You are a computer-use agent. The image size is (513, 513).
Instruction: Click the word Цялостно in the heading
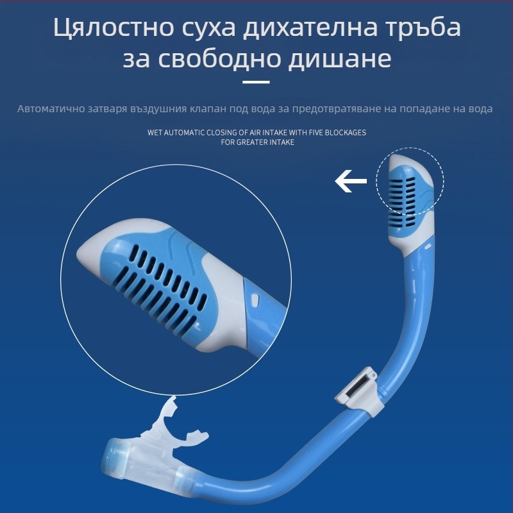[114, 27]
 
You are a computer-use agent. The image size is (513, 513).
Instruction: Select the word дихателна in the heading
[310, 27]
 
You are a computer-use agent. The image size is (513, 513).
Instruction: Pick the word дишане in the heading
[340, 60]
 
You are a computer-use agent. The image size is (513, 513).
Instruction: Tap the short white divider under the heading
[256, 82]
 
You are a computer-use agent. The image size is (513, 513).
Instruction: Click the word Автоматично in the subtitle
[51, 108]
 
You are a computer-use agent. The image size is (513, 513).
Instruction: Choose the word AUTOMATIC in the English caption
[183, 133]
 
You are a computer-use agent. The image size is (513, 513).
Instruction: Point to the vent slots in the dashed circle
[402, 202]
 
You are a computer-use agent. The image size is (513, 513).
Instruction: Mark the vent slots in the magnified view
[161, 288]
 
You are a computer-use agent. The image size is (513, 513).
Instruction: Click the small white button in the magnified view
[255, 298]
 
